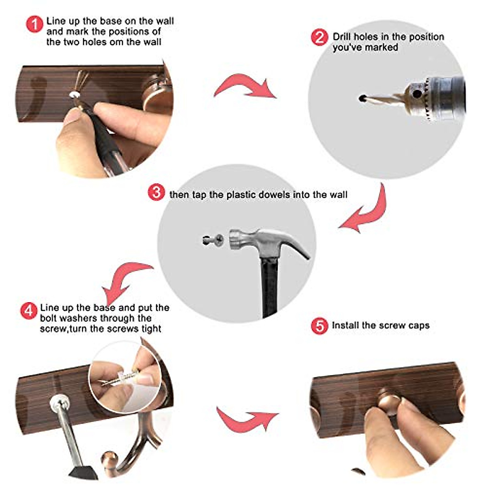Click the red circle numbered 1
click(34, 24)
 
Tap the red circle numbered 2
click(319, 37)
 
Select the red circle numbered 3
click(156, 192)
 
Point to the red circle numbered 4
click(28, 311)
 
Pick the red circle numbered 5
click(319, 326)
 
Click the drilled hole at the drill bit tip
click(362, 98)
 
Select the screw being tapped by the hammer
click(213, 240)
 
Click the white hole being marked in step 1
click(74, 94)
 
